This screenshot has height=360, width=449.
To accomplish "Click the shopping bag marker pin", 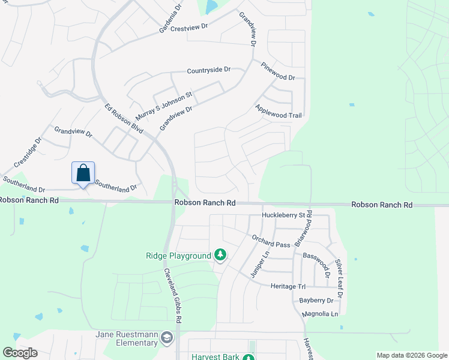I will coord(83,173).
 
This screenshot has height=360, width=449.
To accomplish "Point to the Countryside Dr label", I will coord(209,70).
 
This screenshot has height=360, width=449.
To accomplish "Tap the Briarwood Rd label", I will coord(303,229).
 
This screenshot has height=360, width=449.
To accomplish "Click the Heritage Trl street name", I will coord(288,286).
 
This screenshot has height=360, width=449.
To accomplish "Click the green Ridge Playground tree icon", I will coord(220,256).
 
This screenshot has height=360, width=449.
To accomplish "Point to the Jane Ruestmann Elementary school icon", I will coord(166,338).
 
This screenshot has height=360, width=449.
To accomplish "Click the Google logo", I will coord(20,353).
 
